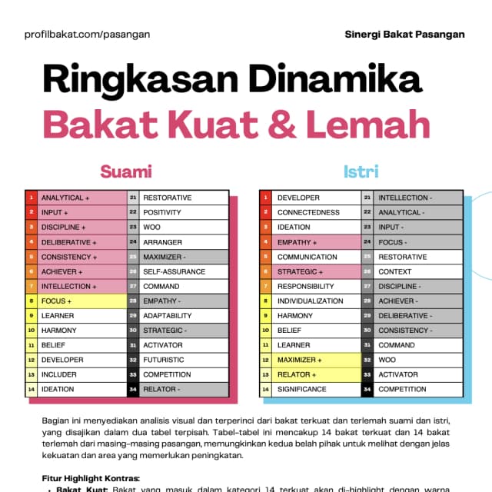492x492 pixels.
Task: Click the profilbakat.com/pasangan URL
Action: (x=87, y=34)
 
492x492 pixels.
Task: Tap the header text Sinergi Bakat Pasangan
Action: (x=404, y=34)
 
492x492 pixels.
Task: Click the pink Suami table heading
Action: (x=126, y=171)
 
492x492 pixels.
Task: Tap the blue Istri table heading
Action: (x=361, y=171)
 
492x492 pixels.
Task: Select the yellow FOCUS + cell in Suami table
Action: (x=81, y=301)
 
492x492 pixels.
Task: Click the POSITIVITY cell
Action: (x=184, y=212)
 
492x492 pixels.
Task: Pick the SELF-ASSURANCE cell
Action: (x=184, y=271)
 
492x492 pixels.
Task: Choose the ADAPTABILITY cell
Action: (x=184, y=316)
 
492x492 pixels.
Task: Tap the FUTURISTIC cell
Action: (x=184, y=360)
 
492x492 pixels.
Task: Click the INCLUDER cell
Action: (x=81, y=375)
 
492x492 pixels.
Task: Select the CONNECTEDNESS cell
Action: (x=316, y=212)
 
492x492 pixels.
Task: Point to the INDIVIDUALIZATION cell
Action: (x=316, y=301)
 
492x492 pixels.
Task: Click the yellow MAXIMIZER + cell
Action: (x=316, y=360)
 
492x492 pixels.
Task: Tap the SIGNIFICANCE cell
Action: (x=316, y=390)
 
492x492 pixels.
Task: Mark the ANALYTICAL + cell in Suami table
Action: (x=81, y=198)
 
